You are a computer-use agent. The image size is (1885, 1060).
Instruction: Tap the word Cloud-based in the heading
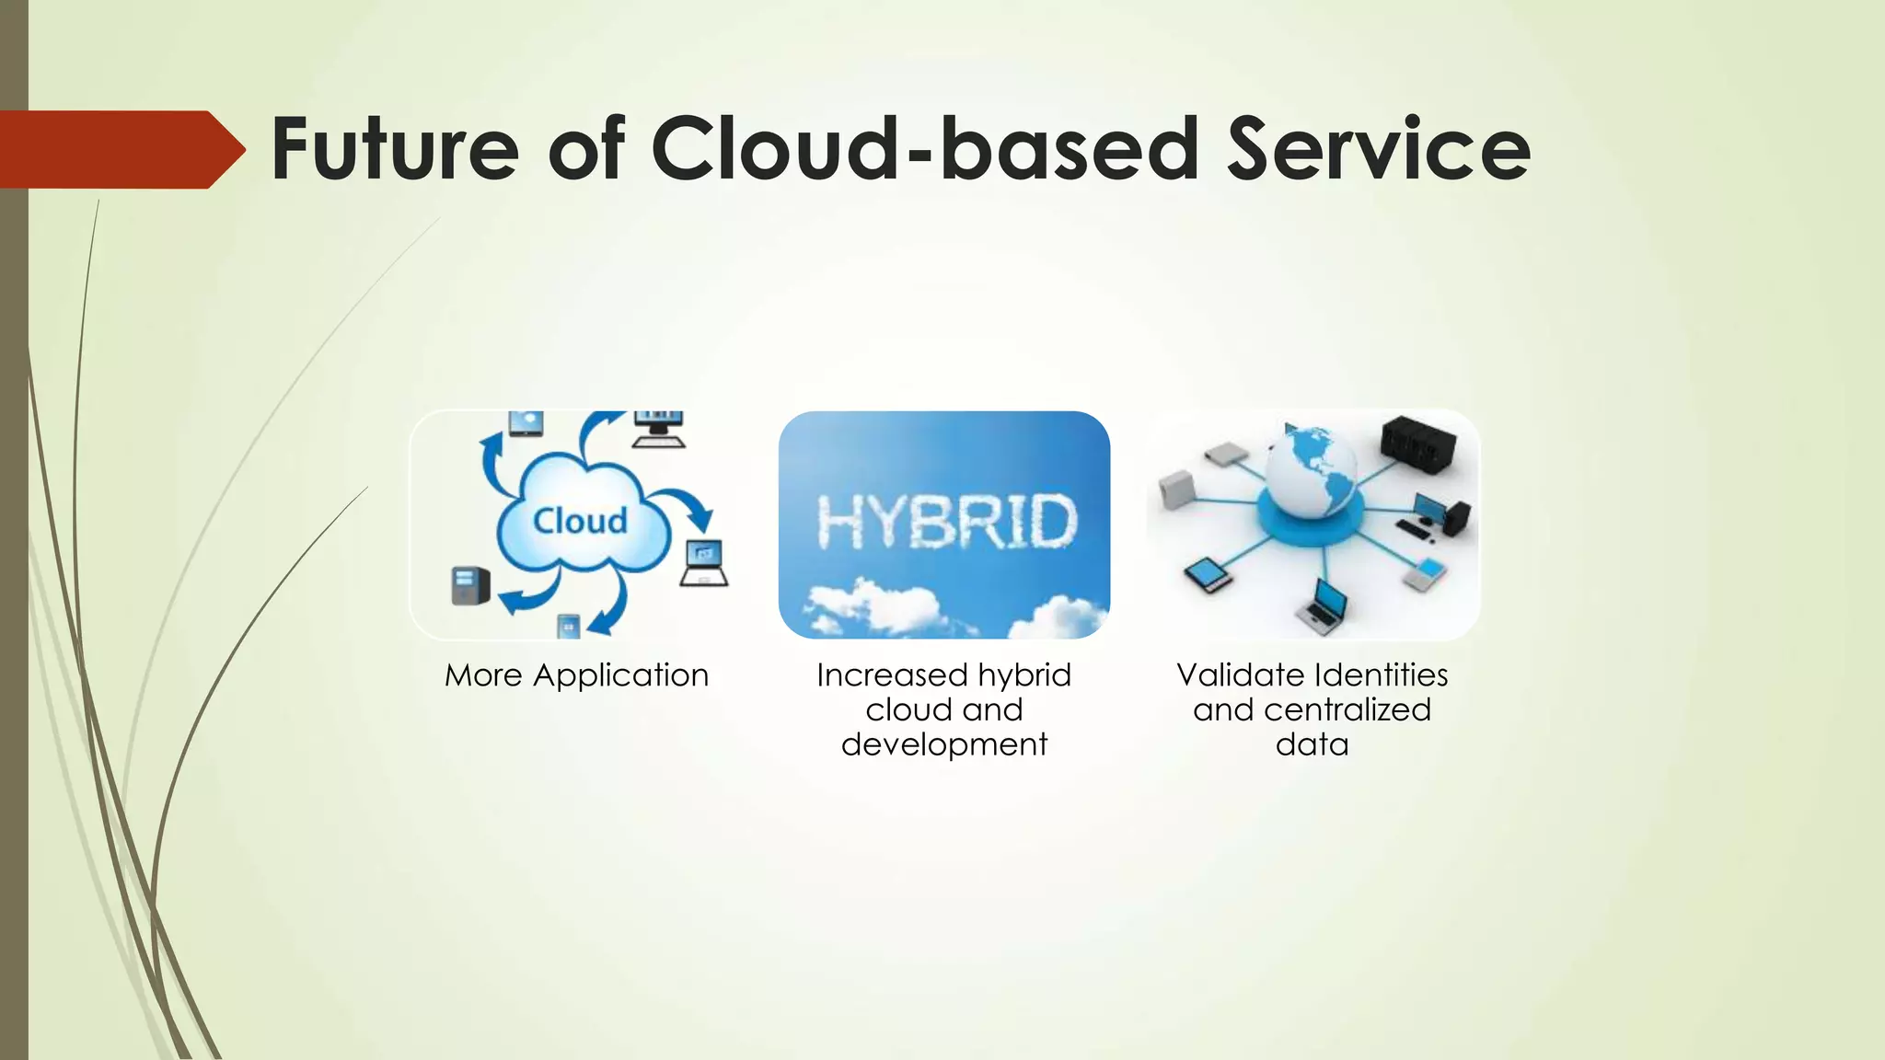click(925, 149)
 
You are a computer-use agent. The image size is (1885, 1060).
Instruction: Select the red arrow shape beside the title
click(120, 149)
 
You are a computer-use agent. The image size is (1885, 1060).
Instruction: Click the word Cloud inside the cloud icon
click(580, 521)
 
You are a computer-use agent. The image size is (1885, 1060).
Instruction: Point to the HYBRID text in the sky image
click(945, 522)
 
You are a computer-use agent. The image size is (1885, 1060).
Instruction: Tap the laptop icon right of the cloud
click(704, 563)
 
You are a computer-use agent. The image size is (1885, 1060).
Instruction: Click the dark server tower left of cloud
click(469, 585)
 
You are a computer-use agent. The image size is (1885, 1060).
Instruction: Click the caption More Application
click(576, 675)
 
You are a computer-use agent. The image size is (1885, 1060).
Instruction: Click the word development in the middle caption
click(943, 744)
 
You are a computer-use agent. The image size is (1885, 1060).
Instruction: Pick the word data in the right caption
click(1312, 744)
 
